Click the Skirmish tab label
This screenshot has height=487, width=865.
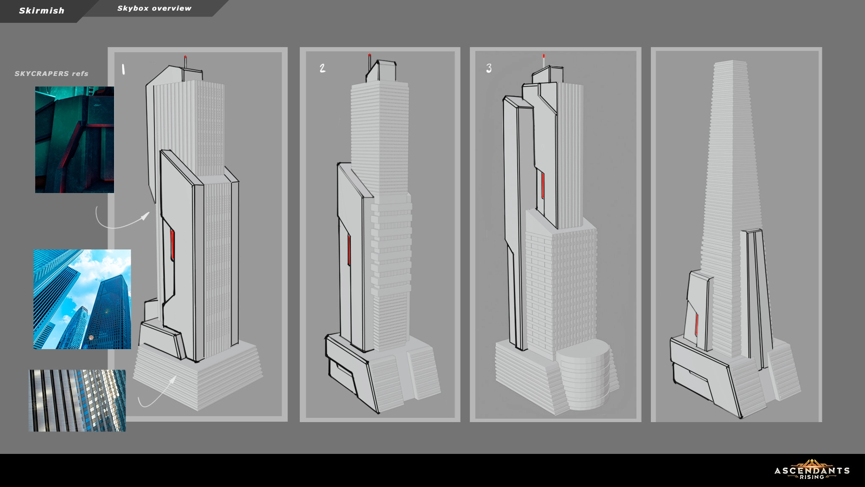pyautogui.click(x=42, y=11)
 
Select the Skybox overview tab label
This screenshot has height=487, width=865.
pyautogui.click(x=154, y=8)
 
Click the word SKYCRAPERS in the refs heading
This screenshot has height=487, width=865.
pyautogui.click(x=42, y=73)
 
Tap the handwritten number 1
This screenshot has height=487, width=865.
pyautogui.click(x=123, y=69)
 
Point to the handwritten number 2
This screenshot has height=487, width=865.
pyautogui.click(x=323, y=68)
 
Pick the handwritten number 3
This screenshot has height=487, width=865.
pyautogui.click(x=489, y=68)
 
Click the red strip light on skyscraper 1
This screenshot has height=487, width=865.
pyautogui.click(x=172, y=245)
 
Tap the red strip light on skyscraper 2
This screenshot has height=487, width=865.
pyautogui.click(x=349, y=250)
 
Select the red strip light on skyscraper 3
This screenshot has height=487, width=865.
pyautogui.click(x=543, y=185)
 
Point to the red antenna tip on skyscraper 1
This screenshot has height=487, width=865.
pyautogui.click(x=185, y=56)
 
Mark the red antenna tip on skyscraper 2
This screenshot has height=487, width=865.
pyautogui.click(x=370, y=55)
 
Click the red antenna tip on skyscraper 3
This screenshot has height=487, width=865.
pyautogui.click(x=544, y=56)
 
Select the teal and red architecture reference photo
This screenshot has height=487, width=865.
pyautogui.click(x=75, y=140)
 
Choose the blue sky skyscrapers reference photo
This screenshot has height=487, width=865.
pyautogui.click(x=82, y=299)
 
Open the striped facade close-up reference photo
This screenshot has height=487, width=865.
pyautogui.click(x=77, y=400)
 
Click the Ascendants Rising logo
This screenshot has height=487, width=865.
pyautogui.click(x=812, y=470)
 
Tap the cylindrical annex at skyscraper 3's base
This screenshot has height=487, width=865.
pyautogui.click(x=584, y=374)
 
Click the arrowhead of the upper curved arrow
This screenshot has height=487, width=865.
pyautogui.click(x=145, y=216)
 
